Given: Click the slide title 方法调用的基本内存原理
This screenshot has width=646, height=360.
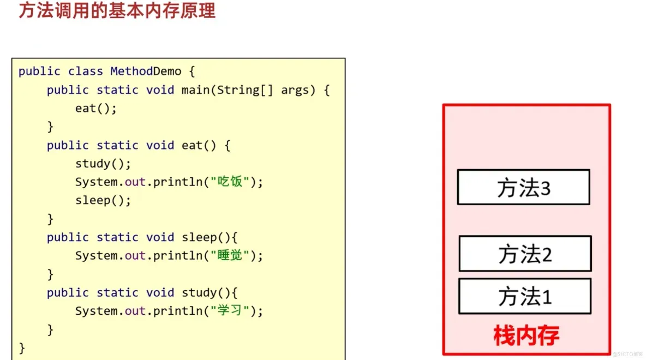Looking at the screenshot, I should pyautogui.click(x=117, y=11).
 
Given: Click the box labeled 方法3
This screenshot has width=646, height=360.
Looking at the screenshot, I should pyautogui.click(x=523, y=187).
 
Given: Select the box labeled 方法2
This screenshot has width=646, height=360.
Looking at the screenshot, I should pyautogui.click(x=525, y=254).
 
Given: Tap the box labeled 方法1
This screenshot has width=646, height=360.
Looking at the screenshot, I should pyautogui.click(x=525, y=296).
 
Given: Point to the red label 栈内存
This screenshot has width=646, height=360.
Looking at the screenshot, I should pyautogui.click(x=526, y=335).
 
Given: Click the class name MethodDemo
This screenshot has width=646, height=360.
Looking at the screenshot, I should pyautogui.click(x=146, y=71).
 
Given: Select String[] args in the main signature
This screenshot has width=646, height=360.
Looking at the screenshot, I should pyautogui.click(x=266, y=90).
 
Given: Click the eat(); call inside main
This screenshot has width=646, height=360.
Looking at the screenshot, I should pyautogui.click(x=96, y=108).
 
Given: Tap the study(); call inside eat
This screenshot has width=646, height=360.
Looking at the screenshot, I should pyautogui.click(x=103, y=164).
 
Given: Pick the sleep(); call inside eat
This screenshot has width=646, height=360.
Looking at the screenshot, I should pyautogui.click(x=103, y=200).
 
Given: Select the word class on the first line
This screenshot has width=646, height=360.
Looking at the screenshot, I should pyautogui.click(x=85, y=71).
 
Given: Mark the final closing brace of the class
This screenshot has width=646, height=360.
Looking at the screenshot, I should pyautogui.click(x=22, y=347).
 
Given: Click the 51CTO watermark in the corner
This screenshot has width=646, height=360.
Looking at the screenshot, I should pyautogui.click(x=627, y=353).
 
